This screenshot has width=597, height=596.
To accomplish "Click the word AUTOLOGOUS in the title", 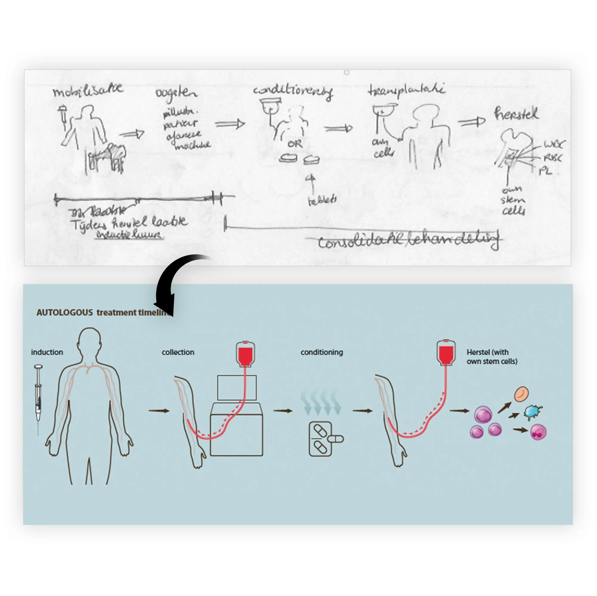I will coord(65,312).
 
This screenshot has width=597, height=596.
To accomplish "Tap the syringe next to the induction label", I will coord(38,395).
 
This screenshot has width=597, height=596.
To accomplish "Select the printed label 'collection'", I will coord(178,352).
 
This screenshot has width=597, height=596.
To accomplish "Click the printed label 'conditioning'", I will coord(322,352).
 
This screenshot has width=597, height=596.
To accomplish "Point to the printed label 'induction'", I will coord(47,352).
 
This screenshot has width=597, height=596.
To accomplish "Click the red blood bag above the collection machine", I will coord(245,354).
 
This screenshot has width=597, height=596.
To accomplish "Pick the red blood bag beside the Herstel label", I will coord(446,352).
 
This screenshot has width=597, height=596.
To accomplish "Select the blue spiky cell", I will coord(533,412).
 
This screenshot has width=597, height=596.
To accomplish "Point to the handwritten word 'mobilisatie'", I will coord(88,90).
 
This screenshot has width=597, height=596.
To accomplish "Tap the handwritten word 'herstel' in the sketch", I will coord(516,114).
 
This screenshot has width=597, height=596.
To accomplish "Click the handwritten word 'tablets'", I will coord(322,201).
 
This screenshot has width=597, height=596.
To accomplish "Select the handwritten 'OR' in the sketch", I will coord(295,144).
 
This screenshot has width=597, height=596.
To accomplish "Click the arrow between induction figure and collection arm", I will coord(159,411).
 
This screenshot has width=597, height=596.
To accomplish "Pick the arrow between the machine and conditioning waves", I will coord(283,411).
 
